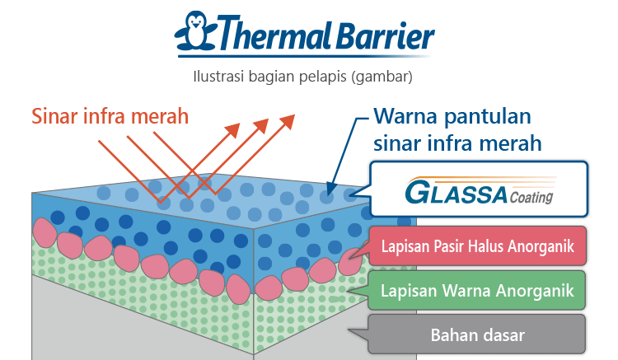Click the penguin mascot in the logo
pyautogui.click(x=196, y=31)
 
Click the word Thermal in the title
pyautogui.click(x=274, y=33)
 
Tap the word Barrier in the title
pyautogui.click(x=385, y=35)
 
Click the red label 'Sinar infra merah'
pyautogui.click(x=110, y=117)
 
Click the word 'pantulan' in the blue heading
pyautogui.click(x=488, y=117)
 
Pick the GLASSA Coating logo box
pyautogui.click(x=479, y=189)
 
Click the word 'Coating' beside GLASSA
pyautogui.click(x=531, y=197)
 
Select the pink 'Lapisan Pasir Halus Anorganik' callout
pyautogui.click(x=477, y=246)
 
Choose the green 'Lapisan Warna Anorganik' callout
pyautogui.click(x=476, y=291)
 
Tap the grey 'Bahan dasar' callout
pyautogui.click(x=476, y=334)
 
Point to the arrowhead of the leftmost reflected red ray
pyautogui.click(x=233, y=130)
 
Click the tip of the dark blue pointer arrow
pyautogui.click(x=329, y=194)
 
